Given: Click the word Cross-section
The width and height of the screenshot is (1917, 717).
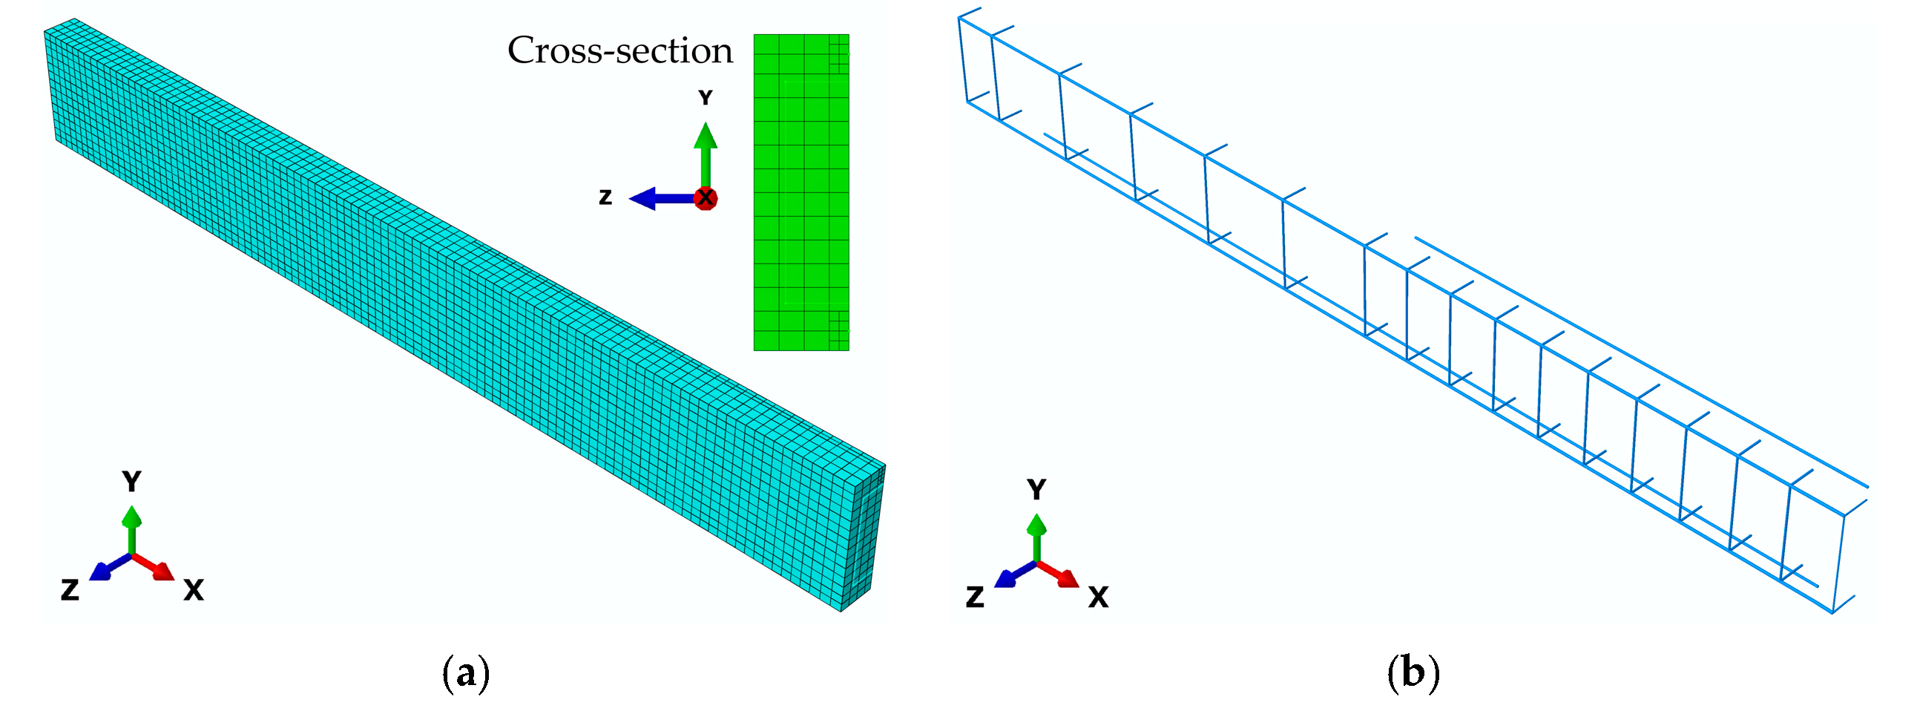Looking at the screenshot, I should click(620, 50).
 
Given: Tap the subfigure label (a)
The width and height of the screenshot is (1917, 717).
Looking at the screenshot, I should click(466, 673).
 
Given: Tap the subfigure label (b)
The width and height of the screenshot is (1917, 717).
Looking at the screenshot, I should click(1413, 673).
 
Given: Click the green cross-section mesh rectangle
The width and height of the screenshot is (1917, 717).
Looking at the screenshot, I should click(800, 192).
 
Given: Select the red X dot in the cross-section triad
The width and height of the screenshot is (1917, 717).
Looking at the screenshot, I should click(705, 198).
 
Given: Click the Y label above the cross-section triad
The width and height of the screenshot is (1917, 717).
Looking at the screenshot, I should click(705, 97).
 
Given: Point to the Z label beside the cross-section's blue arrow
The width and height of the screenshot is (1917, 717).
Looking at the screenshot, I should click(606, 197).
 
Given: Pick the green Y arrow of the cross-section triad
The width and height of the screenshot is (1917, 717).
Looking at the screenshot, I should click(705, 153).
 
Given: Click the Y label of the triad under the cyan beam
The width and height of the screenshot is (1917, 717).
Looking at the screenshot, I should click(132, 482).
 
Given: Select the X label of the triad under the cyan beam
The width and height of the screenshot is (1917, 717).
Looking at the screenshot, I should click(194, 590).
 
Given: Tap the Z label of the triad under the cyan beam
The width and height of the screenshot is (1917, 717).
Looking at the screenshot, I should click(70, 590).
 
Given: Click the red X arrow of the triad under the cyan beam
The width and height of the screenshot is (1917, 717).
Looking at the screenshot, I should click(157, 567).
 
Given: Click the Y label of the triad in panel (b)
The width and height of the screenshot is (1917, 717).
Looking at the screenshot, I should click(1036, 489).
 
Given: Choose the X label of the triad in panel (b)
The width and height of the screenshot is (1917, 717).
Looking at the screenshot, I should click(1099, 597).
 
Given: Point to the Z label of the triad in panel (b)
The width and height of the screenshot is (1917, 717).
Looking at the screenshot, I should click(975, 597).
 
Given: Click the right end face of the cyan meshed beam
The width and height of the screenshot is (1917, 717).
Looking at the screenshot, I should click(864, 536).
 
